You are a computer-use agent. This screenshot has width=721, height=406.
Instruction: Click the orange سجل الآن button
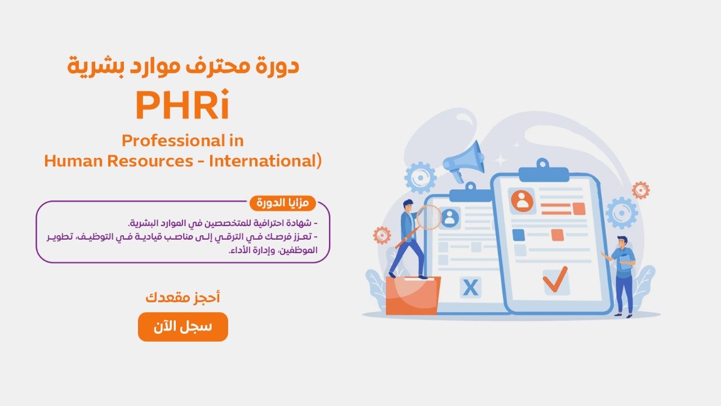coord(183,326)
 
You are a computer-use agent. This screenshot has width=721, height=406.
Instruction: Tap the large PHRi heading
coord(183,105)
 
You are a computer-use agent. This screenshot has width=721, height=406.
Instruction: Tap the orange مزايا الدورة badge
coord(283,203)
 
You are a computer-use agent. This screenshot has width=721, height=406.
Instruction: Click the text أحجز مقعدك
coord(183,297)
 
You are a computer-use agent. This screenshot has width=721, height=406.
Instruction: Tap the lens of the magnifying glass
coord(429,218)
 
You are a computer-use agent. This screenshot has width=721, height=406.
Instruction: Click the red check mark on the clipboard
coord(555,279)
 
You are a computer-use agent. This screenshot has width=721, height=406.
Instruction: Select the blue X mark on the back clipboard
coord(470,288)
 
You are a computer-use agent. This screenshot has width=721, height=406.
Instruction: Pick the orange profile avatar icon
coord(522,201)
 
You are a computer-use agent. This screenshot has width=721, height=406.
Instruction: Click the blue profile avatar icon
coord(450,218)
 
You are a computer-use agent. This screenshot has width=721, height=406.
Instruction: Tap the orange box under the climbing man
coord(413,295)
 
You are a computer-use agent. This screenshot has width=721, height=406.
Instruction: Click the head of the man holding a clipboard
coord(622,242)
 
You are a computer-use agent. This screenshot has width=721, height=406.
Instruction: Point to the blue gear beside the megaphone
coord(421,178)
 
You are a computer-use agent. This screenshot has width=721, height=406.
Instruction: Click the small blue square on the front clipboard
coord(518,235)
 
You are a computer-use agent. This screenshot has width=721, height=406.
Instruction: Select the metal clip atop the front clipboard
coord(543,170)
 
